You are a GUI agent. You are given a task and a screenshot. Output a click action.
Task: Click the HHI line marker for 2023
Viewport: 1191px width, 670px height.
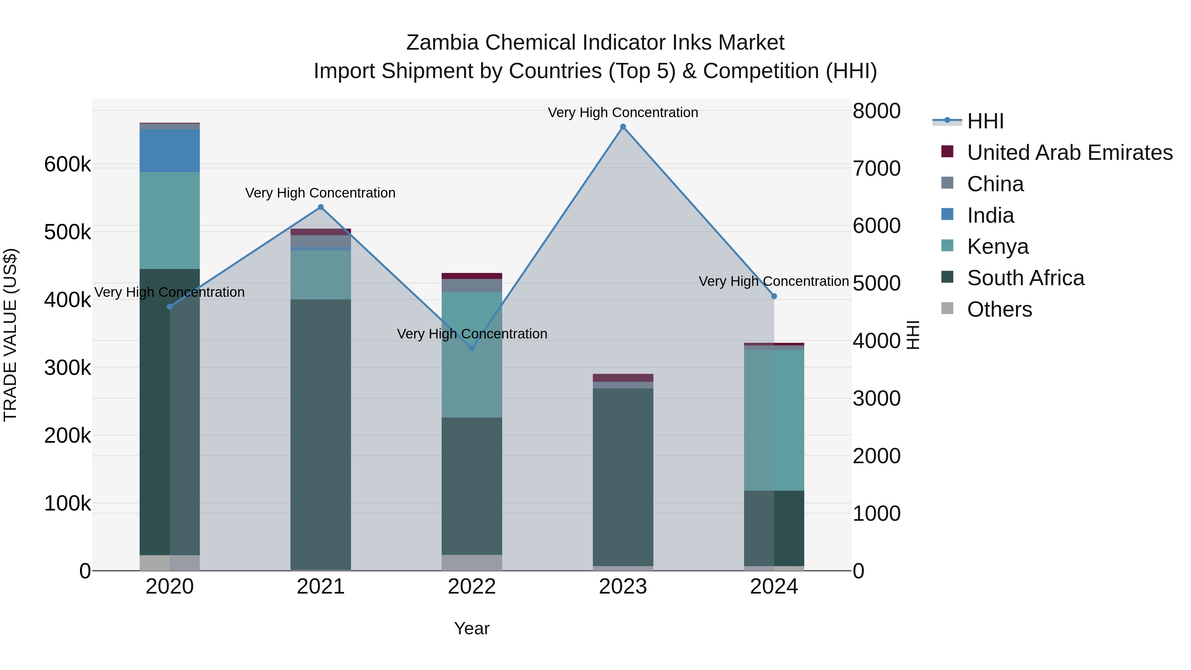pos(623,127)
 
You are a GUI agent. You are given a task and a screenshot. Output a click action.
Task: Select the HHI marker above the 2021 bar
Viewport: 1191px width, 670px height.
pos(321,207)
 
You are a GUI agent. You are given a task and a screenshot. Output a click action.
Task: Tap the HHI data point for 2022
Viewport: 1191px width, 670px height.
pos(471,348)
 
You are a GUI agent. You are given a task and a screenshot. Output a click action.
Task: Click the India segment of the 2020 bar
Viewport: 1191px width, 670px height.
pos(170,151)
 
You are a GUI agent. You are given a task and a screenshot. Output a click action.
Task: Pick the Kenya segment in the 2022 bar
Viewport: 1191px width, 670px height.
pos(471,355)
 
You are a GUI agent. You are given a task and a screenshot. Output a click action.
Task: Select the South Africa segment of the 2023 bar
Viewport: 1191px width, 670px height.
pos(623,476)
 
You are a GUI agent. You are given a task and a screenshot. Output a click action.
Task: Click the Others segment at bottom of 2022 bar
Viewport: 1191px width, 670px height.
pos(471,562)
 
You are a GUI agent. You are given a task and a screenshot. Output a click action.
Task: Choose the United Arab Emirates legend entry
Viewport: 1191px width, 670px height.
pos(1069,153)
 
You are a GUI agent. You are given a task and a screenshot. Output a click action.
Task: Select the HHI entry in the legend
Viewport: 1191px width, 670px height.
pos(985,121)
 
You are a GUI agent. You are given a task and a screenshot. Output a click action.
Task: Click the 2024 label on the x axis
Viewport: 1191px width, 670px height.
pos(773,587)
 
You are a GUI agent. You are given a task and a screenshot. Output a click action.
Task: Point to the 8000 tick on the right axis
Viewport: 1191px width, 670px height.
pos(876,111)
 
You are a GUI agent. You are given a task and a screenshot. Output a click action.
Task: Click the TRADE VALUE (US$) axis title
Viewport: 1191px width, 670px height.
pos(10,335)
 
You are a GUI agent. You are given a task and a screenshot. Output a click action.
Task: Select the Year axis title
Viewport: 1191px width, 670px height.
pos(471,628)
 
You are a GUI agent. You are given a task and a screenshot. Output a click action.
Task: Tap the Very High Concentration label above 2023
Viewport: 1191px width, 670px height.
pos(623,112)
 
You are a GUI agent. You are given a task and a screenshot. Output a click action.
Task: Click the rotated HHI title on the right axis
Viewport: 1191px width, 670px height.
pos(913,335)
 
